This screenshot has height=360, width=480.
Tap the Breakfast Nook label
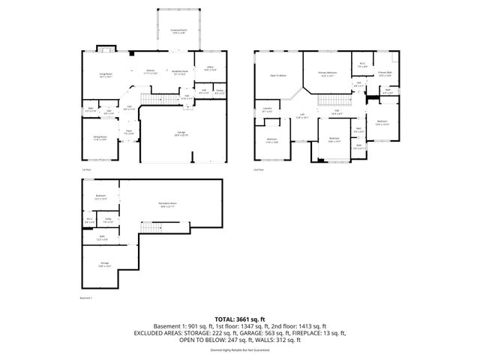coord(180,73)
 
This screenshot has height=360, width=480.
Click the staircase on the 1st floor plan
coord(154,100)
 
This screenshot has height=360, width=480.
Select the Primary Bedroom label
coord(327,73)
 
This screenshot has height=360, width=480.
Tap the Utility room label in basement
coord(108,220)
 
